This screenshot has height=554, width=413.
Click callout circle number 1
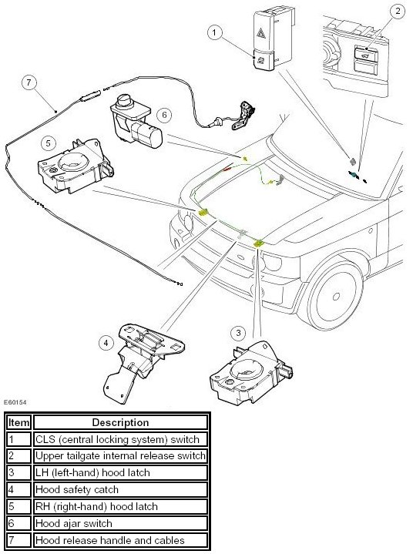[x=214, y=33]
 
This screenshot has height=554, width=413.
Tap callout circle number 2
[x=398, y=11]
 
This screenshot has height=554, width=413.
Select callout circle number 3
[x=238, y=333]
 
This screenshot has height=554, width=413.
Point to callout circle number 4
[x=106, y=343]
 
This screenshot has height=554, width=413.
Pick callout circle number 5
[x=49, y=143]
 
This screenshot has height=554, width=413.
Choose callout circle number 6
[x=164, y=115]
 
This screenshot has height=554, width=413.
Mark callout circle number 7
[x=29, y=83]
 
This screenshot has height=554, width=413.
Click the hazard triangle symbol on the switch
[x=263, y=34]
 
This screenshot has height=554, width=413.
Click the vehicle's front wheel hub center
[x=336, y=296]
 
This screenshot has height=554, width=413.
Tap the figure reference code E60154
[x=15, y=402]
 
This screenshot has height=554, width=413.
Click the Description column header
[x=120, y=422]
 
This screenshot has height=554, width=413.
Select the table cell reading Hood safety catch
[x=120, y=490]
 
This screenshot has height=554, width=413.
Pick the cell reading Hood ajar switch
[x=120, y=523]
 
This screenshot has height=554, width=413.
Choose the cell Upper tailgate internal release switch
[x=120, y=456]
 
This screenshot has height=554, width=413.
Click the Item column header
[x=19, y=422]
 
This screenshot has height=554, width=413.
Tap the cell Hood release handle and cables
[x=120, y=540]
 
